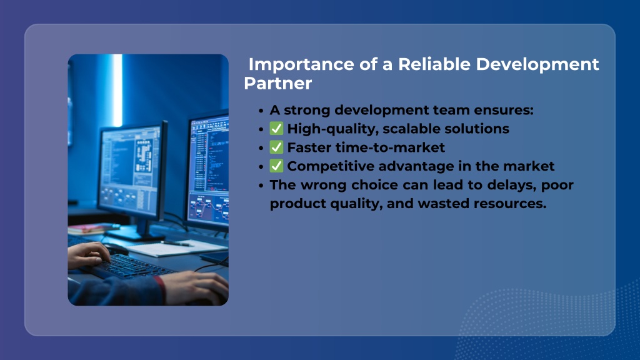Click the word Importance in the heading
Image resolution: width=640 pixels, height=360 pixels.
pos(302,65)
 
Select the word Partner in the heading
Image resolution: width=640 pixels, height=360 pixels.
pos(278,83)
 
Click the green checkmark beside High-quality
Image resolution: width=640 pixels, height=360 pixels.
pos(276,129)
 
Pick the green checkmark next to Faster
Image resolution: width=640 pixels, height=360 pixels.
pos(276,147)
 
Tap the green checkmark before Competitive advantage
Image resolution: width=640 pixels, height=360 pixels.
pos(276,166)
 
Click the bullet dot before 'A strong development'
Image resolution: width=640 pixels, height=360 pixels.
pos(261,111)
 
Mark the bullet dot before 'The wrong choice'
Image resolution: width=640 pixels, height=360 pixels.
pos(261,185)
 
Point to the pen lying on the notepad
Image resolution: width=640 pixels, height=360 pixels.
pos(176,244)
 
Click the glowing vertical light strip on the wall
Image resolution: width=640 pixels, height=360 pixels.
pos(117,91)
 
